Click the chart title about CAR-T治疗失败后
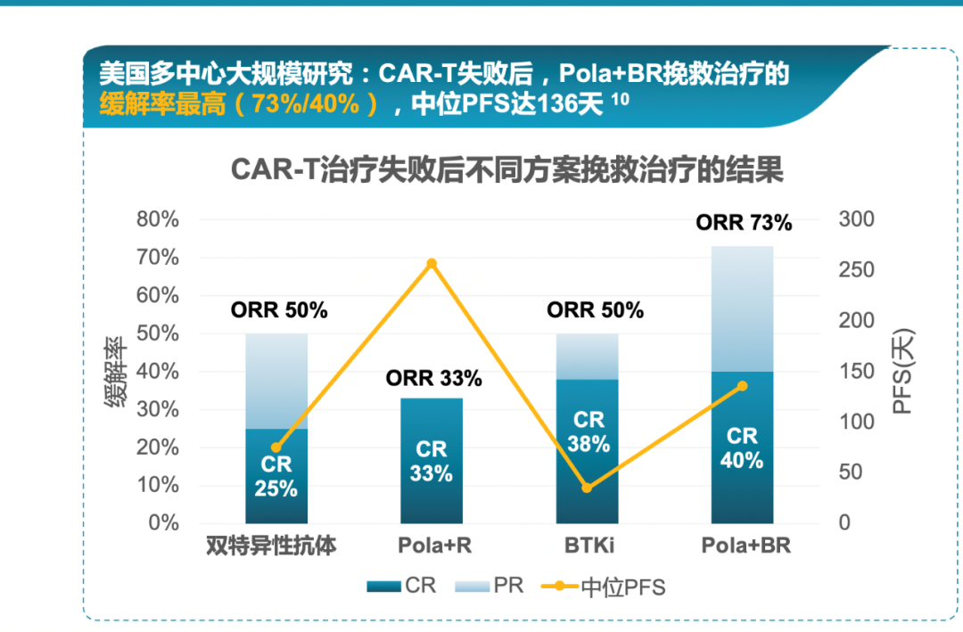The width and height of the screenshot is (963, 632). [x=506, y=169]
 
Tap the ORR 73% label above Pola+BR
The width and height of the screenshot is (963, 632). [x=744, y=223]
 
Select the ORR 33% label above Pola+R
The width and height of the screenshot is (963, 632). [x=433, y=378]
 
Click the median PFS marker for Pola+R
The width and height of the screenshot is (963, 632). [x=432, y=264]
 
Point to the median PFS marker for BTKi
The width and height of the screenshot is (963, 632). [x=587, y=488]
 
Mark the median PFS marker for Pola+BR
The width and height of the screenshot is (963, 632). [x=742, y=386]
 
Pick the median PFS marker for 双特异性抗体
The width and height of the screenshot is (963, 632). [x=276, y=447]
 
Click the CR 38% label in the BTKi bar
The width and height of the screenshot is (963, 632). [x=588, y=431]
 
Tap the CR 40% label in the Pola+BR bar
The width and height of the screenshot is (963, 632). [x=742, y=448]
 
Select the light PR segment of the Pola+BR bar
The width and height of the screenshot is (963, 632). [x=742, y=308]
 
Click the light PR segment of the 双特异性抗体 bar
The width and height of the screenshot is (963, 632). [x=276, y=381]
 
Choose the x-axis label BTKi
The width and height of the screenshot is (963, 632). [x=588, y=546]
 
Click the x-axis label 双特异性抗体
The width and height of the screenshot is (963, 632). [x=271, y=546]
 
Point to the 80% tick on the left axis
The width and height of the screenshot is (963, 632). [x=157, y=219]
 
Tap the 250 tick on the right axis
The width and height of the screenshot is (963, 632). [x=856, y=270]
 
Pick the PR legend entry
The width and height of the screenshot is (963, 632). [x=490, y=586]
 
